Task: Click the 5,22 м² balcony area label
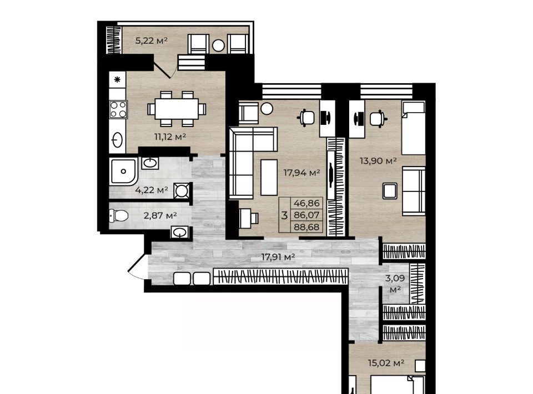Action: click(151, 41)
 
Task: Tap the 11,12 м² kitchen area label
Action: click(170, 137)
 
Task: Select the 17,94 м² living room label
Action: click(302, 173)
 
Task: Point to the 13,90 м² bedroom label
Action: click(378, 160)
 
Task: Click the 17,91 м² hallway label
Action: click(278, 257)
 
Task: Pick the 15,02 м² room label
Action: click(386, 363)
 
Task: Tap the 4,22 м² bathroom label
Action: click(151, 190)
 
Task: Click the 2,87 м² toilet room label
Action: click(160, 215)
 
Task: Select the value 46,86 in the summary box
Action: click(306, 203)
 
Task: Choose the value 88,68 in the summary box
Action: click(306, 227)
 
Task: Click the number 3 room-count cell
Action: click(284, 215)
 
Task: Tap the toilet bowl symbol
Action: click(119, 215)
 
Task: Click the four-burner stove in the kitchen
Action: click(118, 109)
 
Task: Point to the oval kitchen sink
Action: click(118, 140)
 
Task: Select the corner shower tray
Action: click(123, 171)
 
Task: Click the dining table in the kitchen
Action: click(177, 109)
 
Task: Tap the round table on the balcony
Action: click(218, 46)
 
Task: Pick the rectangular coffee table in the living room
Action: click(269, 178)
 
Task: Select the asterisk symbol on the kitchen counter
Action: click(117, 80)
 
